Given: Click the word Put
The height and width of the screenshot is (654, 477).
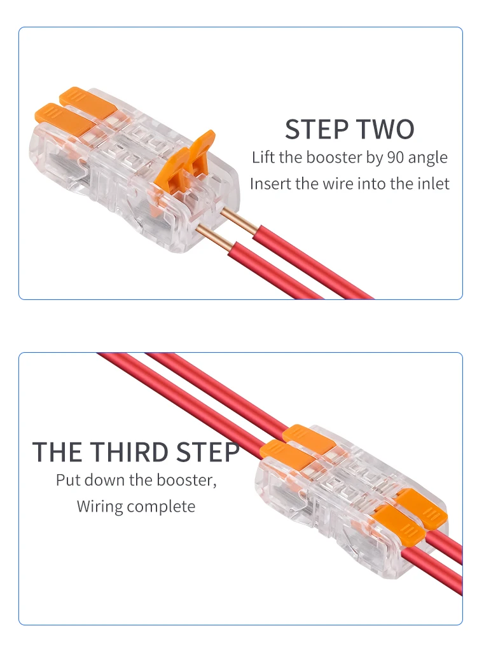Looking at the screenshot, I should coord(68,480).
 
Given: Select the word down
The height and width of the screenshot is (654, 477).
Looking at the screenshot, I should coord(104,480).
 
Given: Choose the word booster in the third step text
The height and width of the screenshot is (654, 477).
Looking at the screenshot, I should coord(184,480).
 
